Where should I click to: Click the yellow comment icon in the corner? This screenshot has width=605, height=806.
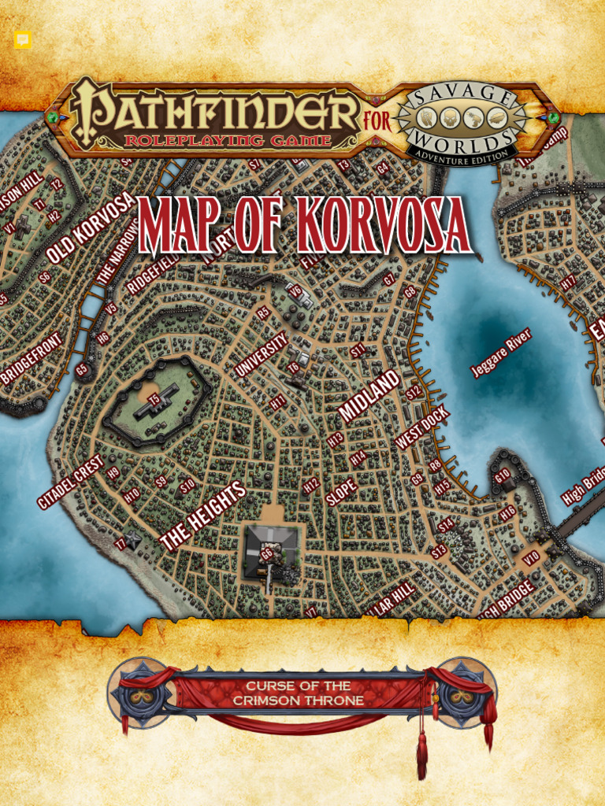[x=22, y=40]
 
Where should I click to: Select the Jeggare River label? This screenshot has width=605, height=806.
[x=501, y=352]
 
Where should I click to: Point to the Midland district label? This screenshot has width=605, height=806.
[x=369, y=395]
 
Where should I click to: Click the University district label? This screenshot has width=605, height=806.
[x=261, y=353]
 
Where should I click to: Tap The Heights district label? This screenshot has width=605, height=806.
[x=202, y=516]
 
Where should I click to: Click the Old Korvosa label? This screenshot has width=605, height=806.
[x=91, y=228]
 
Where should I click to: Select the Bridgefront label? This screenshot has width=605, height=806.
[x=32, y=359]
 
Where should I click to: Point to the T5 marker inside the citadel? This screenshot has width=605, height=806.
[x=154, y=399]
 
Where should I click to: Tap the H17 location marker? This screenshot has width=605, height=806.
[x=569, y=280]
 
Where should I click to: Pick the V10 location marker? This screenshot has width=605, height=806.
[x=531, y=557]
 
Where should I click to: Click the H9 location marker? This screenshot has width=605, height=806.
[x=113, y=473]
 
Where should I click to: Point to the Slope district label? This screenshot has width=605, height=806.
[x=341, y=491]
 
